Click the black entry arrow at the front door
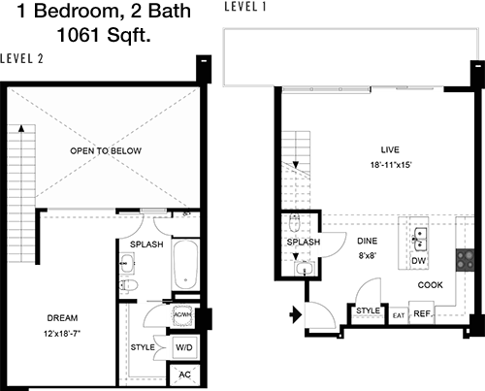coord(295,314)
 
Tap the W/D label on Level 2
coord(184,347)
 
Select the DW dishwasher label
coord(418,261)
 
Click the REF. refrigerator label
coord(422,313)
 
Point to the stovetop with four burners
coord(466,260)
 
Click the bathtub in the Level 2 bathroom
coord(185,265)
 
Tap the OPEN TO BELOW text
coord(106,150)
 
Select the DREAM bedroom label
coord(62,318)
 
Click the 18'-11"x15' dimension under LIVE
coord(391,165)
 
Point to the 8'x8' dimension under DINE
coord(368,256)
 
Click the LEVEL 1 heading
coord(245,7)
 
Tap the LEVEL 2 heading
coord(21,58)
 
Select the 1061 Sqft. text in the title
coord(104,35)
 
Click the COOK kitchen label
coord(430,285)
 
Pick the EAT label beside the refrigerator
coord(399,315)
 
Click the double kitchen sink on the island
coord(421,240)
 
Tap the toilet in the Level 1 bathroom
coord(295,223)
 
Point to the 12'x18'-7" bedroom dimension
coord(62,333)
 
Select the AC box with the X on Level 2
coord(184,375)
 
